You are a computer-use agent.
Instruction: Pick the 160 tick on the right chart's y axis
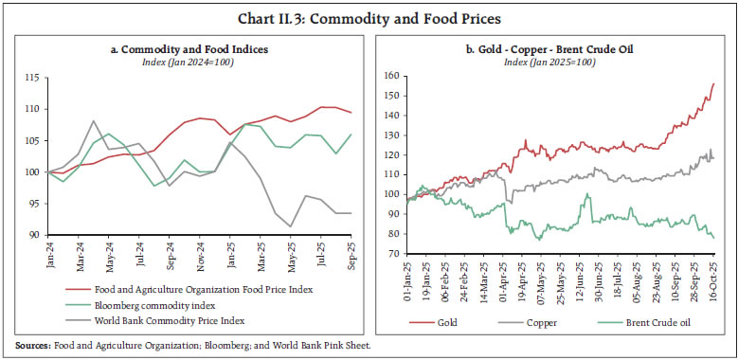coord(388,75)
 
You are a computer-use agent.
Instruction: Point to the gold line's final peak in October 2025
coord(713,83)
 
